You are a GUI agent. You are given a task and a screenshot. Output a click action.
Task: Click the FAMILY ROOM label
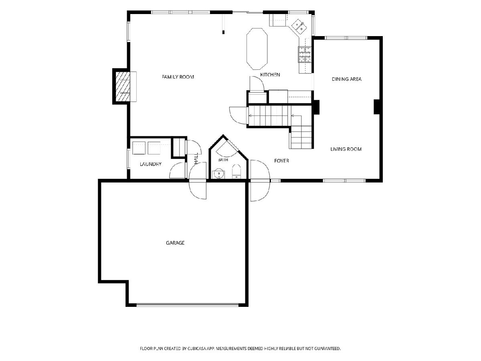coord(178,77)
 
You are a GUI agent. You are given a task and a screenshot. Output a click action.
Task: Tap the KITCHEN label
coord(270,75)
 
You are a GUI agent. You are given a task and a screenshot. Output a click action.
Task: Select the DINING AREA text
coord(346,79)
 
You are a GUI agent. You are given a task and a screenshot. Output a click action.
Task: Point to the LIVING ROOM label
coord(346,149)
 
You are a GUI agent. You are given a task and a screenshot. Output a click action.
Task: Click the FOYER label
coord(282,161)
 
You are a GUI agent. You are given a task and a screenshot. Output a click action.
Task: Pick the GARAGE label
coord(175,243)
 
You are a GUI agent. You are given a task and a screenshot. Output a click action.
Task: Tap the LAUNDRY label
coord(151,164)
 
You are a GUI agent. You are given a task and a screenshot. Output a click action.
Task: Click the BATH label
coord(223,160)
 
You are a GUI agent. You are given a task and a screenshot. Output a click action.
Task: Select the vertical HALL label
coord(196,158)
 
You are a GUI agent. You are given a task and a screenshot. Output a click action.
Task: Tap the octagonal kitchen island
coord(257,49)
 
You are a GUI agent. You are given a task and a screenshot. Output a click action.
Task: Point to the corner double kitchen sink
coord(299,26)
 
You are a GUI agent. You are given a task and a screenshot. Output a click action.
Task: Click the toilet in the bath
coord(236,171)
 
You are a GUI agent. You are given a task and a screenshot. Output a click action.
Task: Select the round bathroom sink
coord(218,174)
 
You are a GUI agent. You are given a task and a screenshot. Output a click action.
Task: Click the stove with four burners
coord(305,55)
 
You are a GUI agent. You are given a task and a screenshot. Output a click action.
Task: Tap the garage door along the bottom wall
coord(187,304)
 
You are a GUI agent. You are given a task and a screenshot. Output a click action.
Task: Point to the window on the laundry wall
coord(129,159)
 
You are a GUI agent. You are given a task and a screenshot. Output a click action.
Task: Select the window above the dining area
coord(346,38)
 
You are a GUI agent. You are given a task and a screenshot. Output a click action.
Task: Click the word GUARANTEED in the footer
coord(327,349)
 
